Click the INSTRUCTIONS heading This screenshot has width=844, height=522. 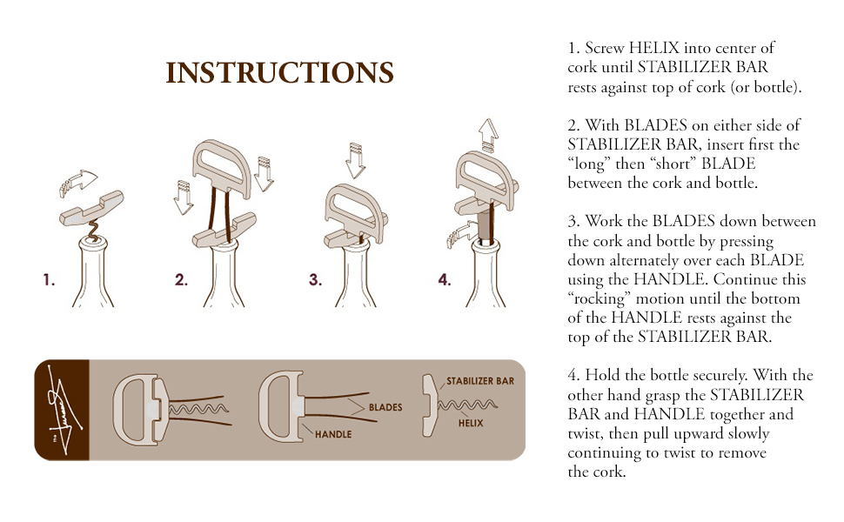279,72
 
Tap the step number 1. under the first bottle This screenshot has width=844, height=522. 50,280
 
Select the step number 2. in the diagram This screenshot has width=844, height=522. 181,280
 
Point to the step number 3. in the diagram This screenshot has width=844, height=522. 315,280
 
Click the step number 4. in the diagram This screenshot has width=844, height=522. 445,280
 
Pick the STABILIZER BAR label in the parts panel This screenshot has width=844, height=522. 480,382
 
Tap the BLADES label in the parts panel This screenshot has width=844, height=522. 385,407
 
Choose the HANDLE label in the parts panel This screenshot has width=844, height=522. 333,433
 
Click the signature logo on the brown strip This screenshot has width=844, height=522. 61,409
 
